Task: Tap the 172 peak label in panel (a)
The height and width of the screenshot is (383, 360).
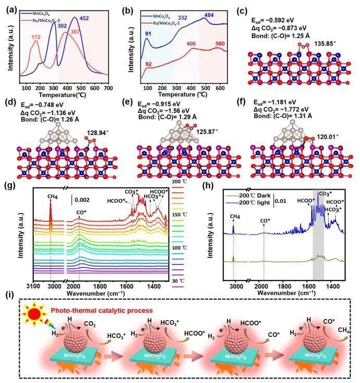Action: (x=36, y=37)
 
